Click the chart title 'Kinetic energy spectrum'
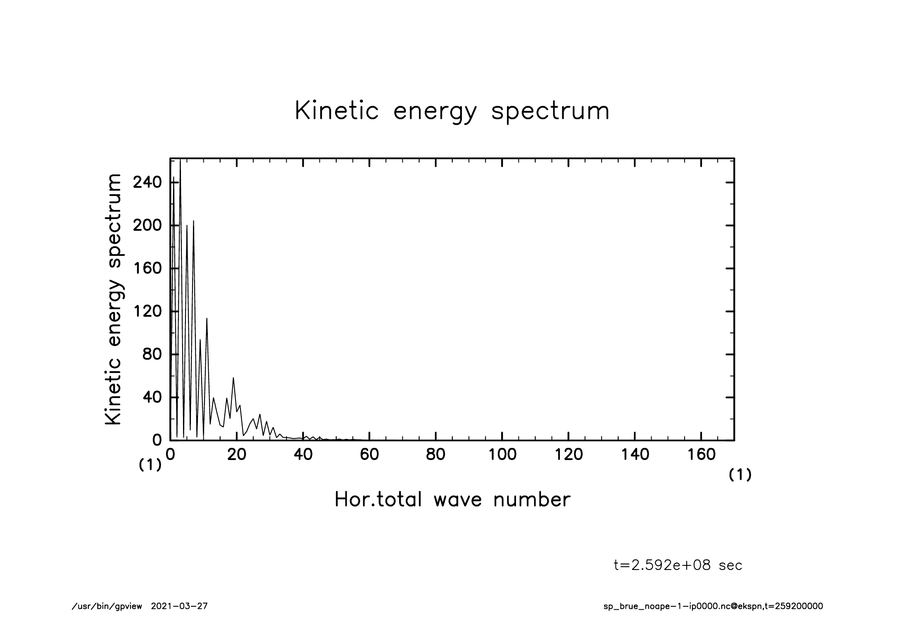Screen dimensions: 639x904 pos(452,111)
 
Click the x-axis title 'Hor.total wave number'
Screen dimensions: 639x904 pos(452,500)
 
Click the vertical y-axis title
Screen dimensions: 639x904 pos(114,299)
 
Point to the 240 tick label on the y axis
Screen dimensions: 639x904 pos(147,182)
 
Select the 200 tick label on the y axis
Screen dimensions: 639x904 pos(147,225)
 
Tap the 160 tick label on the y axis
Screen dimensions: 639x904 pos(147,268)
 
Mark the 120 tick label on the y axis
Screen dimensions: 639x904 pos(147,311)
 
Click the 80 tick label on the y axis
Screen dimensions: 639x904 pos(152,354)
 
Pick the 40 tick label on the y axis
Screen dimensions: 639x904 pos(152,397)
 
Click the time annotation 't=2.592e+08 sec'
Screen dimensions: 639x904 pos(678,565)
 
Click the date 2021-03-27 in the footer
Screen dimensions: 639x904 pos(179,606)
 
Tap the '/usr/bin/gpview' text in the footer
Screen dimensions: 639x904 pos(107,606)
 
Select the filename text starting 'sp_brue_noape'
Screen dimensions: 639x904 pos(713,606)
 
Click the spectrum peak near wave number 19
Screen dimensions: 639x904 pos(233,378)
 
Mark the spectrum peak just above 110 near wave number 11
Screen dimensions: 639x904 pos(207,318)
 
